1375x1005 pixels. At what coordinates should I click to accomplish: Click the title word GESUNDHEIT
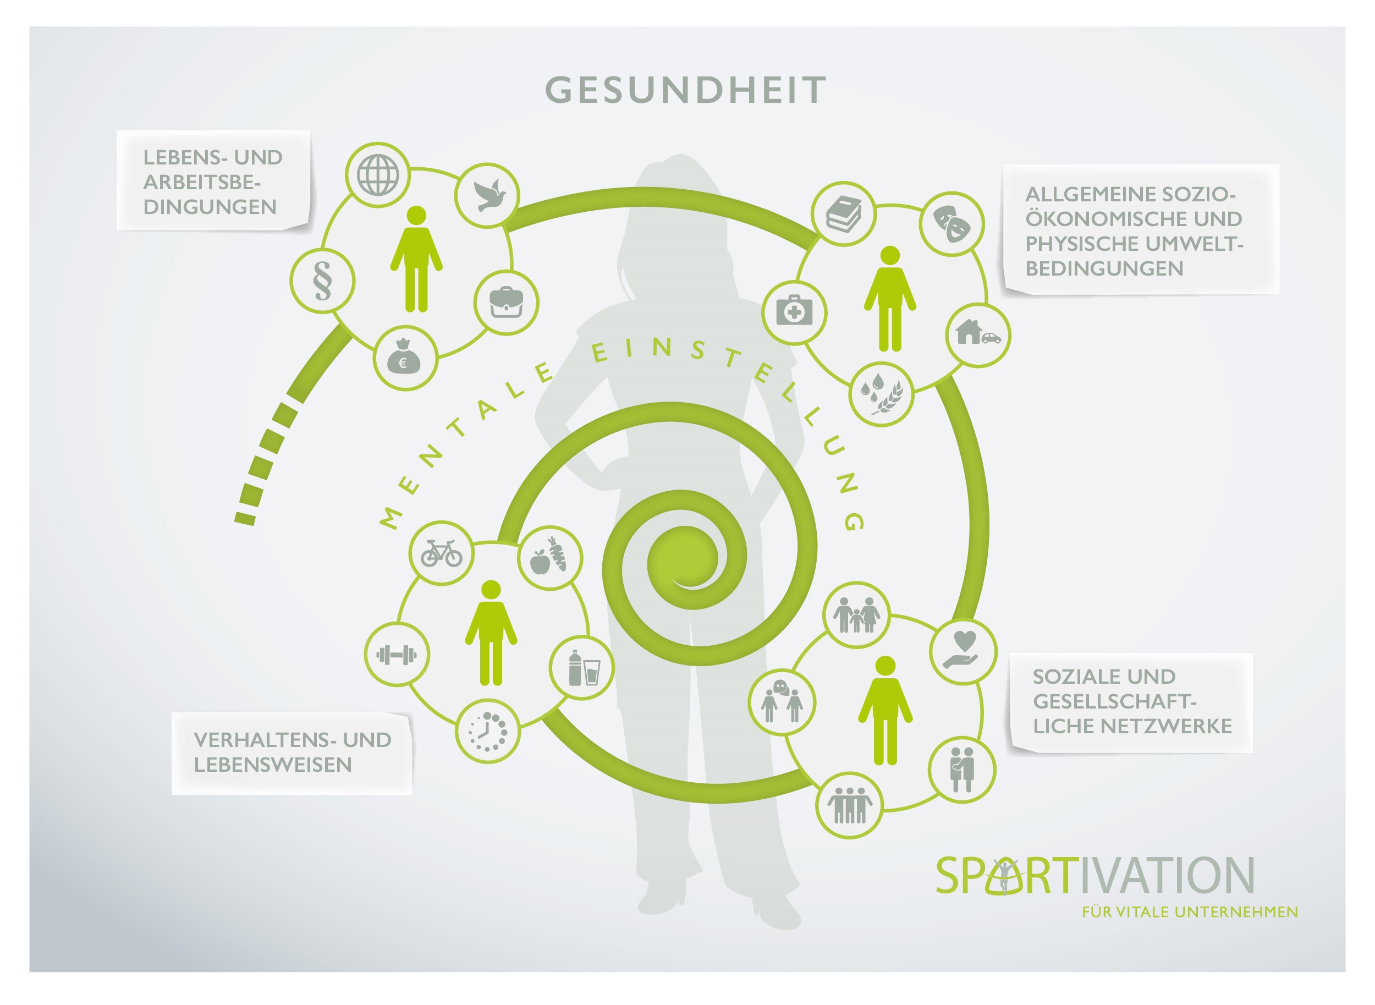(x=685, y=90)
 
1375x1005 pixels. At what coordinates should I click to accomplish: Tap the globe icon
(x=378, y=175)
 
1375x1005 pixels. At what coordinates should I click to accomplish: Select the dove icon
(x=487, y=195)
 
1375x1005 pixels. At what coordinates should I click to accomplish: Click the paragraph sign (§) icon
(x=322, y=281)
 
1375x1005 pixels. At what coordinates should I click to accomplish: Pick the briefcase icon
(x=506, y=303)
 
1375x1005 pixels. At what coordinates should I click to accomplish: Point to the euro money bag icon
(x=405, y=358)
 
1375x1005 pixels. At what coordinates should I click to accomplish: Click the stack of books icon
(x=844, y=214)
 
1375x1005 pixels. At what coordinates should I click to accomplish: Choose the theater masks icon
(x=952, y=224)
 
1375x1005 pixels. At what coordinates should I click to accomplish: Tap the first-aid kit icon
(x=794, y=312)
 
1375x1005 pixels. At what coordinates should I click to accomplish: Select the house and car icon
(x=978, y=334)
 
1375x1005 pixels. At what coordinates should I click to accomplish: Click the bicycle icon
(x=442, y=553)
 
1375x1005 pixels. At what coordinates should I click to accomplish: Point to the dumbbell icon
(x=397, y=655)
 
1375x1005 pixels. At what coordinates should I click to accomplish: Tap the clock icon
(x=488, y=731)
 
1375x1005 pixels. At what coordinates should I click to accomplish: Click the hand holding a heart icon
(x=963, y=651)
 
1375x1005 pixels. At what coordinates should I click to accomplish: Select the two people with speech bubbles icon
(x=782, y=702)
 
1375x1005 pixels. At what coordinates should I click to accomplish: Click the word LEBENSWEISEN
(x=272, y=765)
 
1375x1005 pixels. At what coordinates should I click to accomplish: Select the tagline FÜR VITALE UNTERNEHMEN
(x=1190, y=912)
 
